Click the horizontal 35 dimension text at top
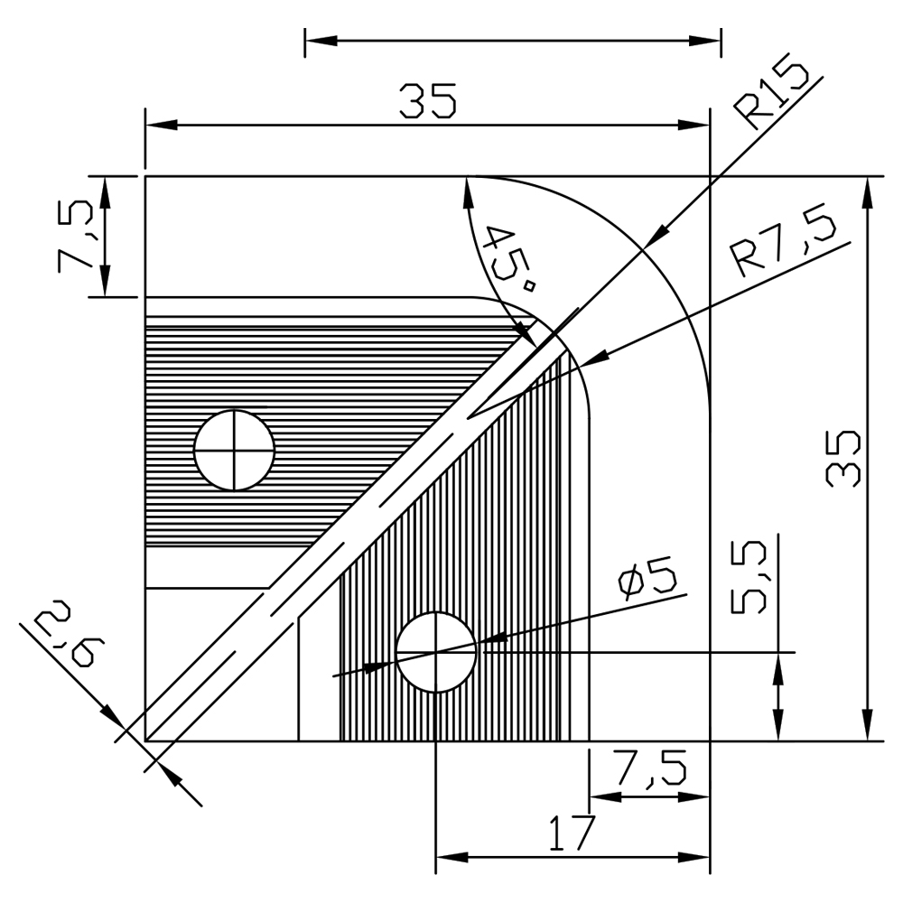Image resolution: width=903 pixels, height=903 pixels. pyautogui.click(x=428, y=101)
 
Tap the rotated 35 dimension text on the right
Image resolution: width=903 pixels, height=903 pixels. pyautogui.click(x=845, y=458)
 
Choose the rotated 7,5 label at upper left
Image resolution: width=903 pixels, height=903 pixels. pyautogui.click(x=74, y=236)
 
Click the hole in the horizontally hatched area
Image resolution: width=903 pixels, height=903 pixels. pyautogui.click(x=234, y=450)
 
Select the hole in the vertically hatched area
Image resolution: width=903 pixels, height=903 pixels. pyautogui.click(x=436, y=652)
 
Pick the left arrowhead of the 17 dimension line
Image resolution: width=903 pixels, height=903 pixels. pyautogui.click(x=449, y=855)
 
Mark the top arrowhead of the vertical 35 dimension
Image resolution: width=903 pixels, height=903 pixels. pyautogui.click(x=868, y=190)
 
